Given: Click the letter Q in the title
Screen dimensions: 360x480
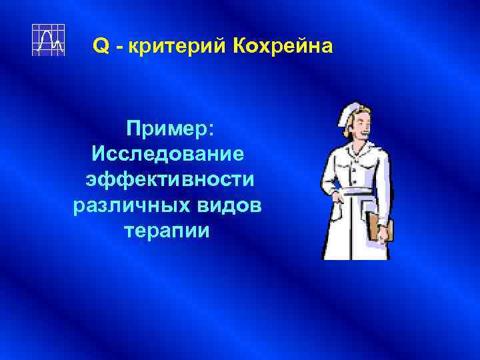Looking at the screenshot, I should point(100,46).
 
